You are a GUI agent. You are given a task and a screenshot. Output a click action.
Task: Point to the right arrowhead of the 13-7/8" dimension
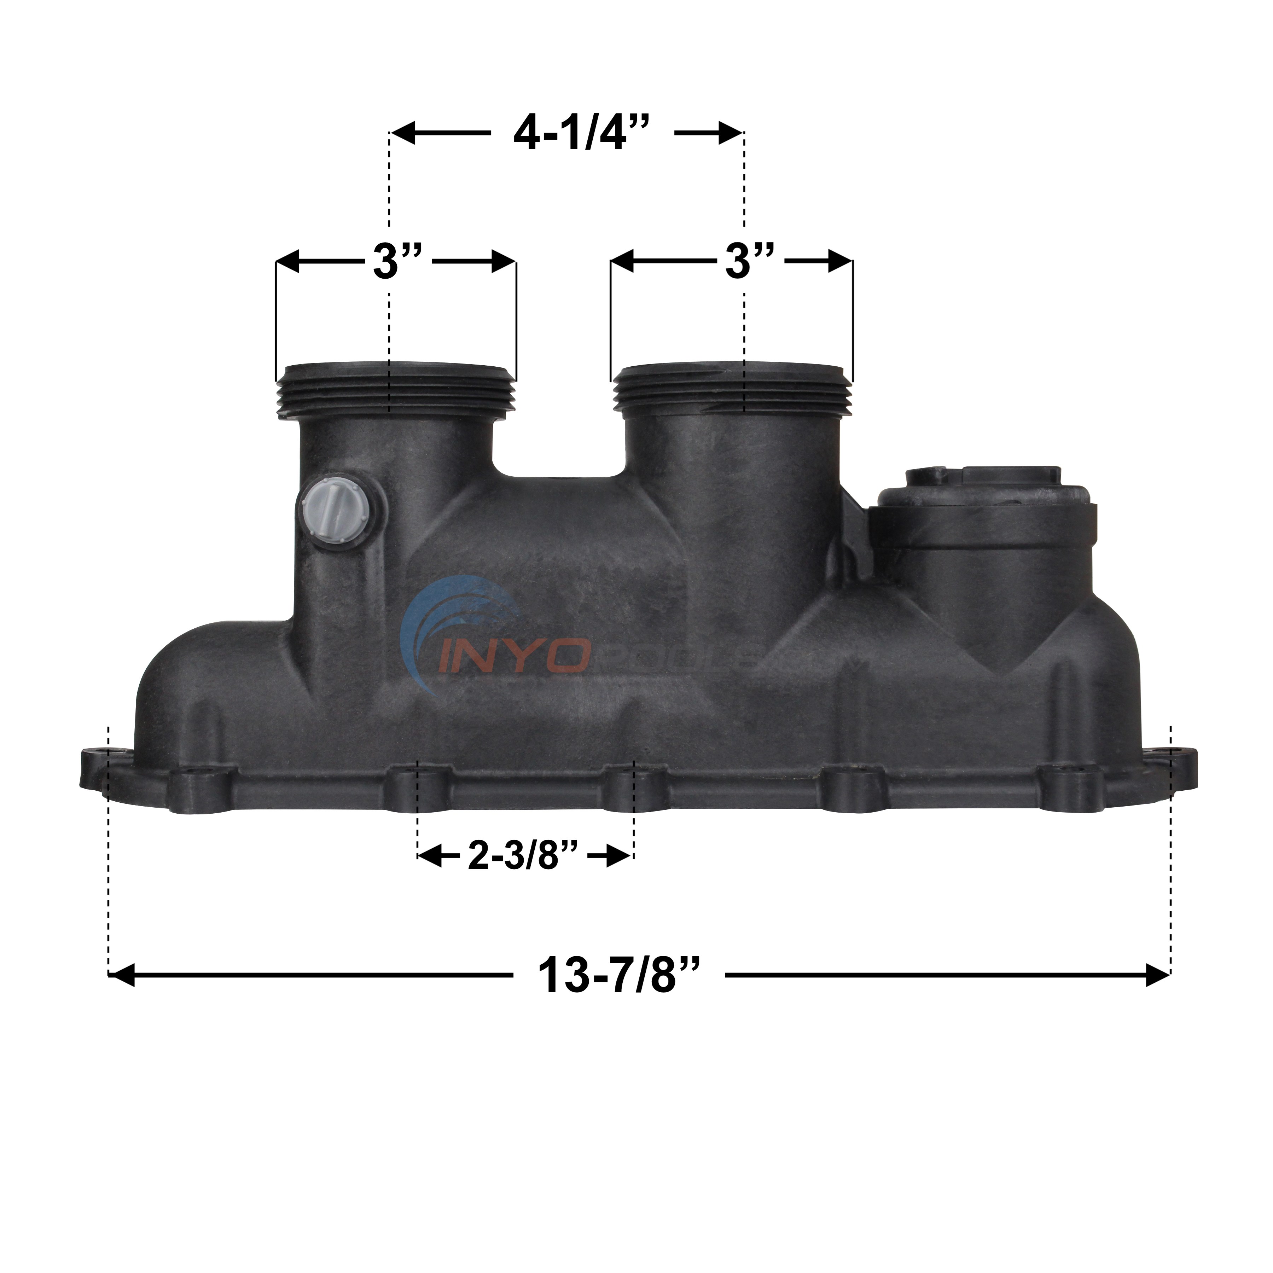coord(1158,975)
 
